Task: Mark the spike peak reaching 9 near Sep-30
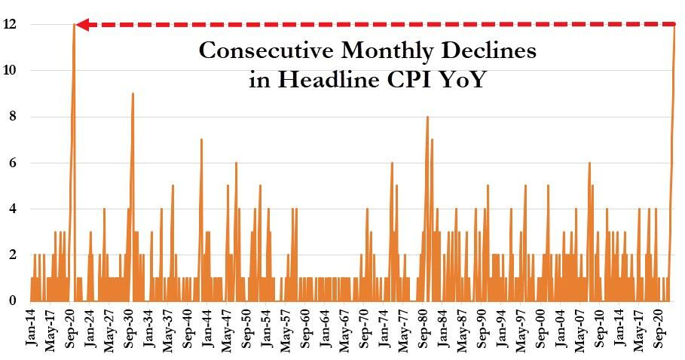(x=133, y=93)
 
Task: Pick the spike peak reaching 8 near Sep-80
(x=427, y=117)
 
